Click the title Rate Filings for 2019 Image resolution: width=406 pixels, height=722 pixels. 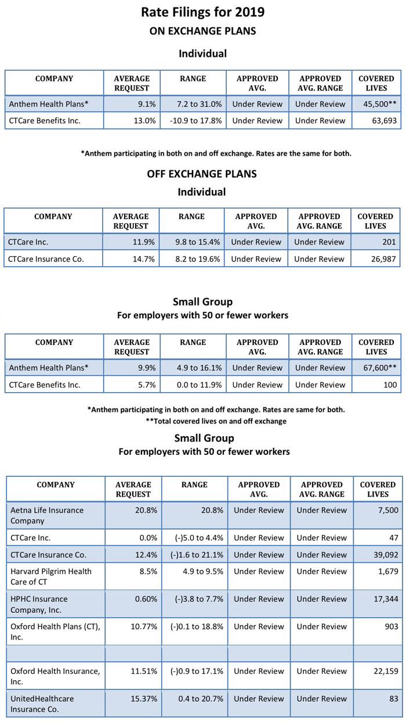pos(203,12)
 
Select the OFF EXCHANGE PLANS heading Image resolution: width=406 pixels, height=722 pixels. pos(202,174)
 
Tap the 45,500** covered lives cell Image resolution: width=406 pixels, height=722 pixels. pos(377,104)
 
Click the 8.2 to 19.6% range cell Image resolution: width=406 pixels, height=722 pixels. pos(191,259)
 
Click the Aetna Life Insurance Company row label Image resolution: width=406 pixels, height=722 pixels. pos(47,515)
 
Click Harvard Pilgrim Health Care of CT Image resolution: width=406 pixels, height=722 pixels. pos(51,577)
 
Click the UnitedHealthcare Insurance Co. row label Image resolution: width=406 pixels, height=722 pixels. pos(42,703)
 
